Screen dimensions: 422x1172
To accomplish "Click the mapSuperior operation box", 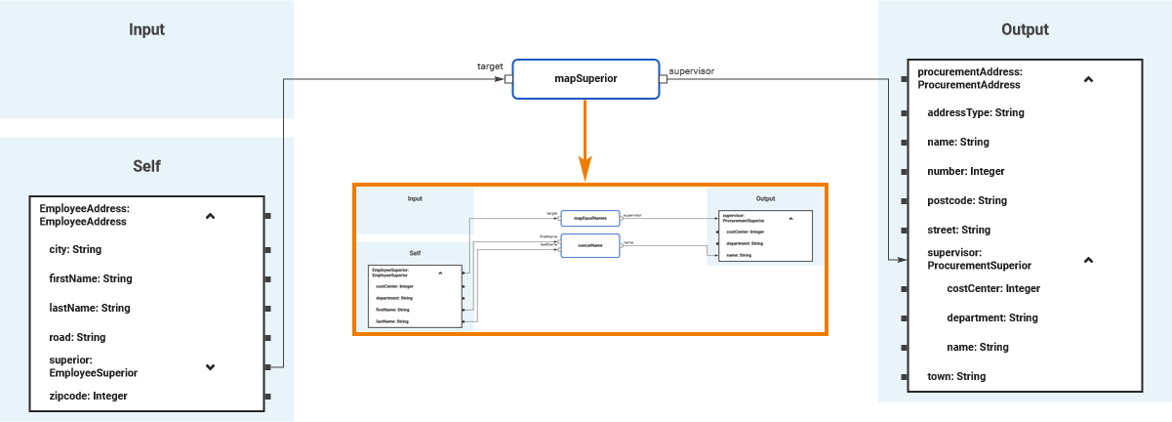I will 586,78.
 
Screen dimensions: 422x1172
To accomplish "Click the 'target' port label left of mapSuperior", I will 489,66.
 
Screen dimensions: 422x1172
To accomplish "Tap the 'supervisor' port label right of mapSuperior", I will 691,70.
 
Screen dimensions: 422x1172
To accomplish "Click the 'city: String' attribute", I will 76,249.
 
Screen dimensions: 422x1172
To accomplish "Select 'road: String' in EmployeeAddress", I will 77,337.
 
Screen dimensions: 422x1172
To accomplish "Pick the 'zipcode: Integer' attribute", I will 88,396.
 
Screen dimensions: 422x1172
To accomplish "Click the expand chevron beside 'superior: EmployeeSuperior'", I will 210,367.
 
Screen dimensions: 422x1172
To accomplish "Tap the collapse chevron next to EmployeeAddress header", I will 210,216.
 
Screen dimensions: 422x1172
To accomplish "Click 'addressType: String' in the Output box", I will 975,112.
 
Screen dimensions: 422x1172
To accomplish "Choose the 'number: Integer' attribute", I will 965,171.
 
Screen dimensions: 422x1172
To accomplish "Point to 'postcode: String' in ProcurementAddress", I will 966,200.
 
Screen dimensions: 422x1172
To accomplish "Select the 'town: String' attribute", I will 955,376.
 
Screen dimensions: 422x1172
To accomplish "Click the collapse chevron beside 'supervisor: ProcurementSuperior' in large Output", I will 1088,260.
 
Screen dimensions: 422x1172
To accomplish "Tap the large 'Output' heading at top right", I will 1025,29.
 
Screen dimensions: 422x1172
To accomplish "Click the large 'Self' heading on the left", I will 146,166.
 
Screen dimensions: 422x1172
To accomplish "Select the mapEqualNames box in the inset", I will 589,218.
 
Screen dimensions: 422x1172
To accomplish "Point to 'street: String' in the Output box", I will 958,230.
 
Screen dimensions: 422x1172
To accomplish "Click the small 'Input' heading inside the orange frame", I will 415,198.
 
